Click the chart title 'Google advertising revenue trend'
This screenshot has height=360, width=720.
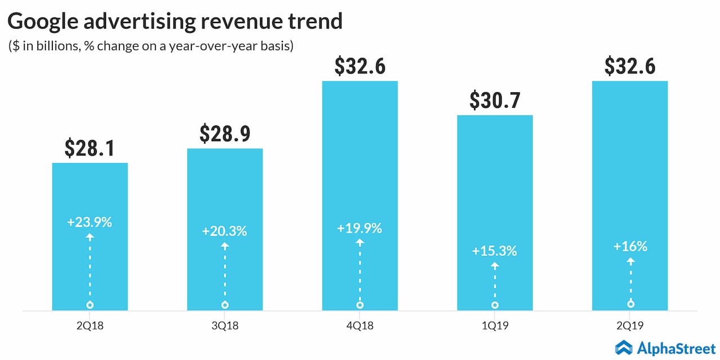pos(175,21)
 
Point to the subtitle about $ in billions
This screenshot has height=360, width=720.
pos(151,46)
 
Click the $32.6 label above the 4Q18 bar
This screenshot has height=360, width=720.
pos(360,66)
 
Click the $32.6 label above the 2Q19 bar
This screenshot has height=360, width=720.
pos(630,66)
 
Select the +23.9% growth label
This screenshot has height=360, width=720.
pos(90,222)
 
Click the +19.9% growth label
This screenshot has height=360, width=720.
pos(360,228)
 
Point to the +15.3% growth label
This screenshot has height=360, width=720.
pos(495,251)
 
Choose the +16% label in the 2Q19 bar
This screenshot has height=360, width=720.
pos(630,246)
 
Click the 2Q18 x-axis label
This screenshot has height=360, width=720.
pos(90,326)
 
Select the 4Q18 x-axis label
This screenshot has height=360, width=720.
pos(360,326)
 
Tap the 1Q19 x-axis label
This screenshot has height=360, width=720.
pos(495,326)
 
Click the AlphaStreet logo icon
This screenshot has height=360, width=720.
pos(624,347)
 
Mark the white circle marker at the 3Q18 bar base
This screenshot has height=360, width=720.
pos(225,305)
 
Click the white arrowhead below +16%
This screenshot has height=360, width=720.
pos(631,260)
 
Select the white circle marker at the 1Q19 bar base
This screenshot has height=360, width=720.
pos(495,305)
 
